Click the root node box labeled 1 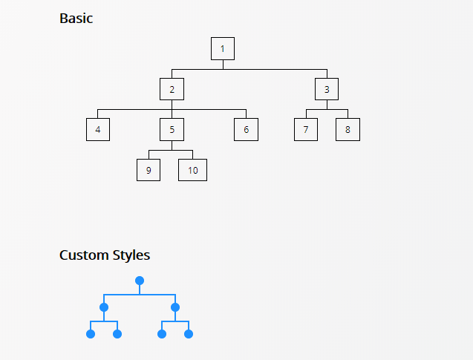[x=222, y=49]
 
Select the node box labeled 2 [x=172, y=89]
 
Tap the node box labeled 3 [x=326, y=89]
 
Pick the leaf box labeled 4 [x=97, y=129]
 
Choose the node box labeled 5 [x=172, y=129]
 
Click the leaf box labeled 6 [x=246, y=129]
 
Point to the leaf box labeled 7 [x=305, y=129]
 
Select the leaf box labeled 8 [x=347, y=129]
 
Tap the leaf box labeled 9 [x=149, y=169]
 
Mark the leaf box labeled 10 [x=192, y=169]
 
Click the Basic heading [x=76, y=19]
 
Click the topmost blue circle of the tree [x=140, y=281]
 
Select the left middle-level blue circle [x=104, y=307]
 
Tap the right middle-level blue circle [x=175, y=307]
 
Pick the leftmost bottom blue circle [x=91, y=334]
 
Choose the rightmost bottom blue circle [x=189, y=334]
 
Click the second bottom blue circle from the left [x=117, y=334]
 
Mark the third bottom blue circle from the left [x=162, y=334]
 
